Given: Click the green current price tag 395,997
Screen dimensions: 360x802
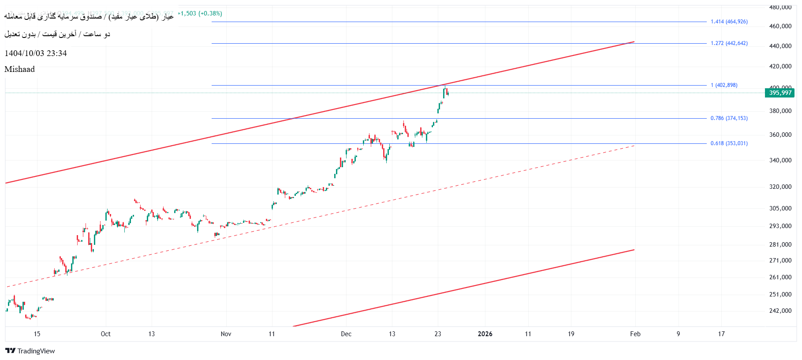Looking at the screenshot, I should pyautogui.click(x=780, y=93).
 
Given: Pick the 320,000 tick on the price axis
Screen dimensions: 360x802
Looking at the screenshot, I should pyautogui.click(x=780, y=187).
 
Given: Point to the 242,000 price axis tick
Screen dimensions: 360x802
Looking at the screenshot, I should pyautogui.click(x=780, y=311).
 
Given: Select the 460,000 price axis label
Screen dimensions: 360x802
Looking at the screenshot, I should pyautogui.click(x=780, y=26).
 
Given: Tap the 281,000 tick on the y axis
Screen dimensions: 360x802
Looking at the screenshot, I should pyautogui.click(x=780, y=244).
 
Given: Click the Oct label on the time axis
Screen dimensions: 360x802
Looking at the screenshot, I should pyautogui.click(x=106, y=334).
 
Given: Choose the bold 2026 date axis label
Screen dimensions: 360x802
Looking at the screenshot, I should pyautogui.click(x=485, y=334).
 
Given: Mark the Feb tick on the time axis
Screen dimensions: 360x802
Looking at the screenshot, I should pyautogui.click(x=635, y=334).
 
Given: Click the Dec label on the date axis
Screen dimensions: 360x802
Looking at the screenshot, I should pyautogui.click(x=346, y=334).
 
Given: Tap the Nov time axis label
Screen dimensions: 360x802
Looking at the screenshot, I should pyautogui.click(x=226, y=334).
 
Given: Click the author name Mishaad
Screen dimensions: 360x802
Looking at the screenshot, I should pyautogui.click(x=19, y=69).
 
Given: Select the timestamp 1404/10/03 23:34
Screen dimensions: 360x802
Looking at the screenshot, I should pyautogui.click(x=36, y=53).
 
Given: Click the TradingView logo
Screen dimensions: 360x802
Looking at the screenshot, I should pyautogui.click(x=30, y=351).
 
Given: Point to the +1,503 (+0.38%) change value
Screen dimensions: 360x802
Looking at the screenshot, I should pyautogui.click(x=200, y=14).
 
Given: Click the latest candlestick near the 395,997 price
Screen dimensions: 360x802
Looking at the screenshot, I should pyautogui.click(x=448, y=92).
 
